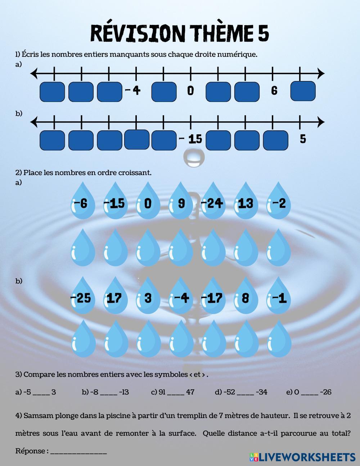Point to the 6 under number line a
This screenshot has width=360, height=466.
click(274, 90)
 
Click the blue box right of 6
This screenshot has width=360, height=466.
click(303, 91)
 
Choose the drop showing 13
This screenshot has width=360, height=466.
click(246, 202)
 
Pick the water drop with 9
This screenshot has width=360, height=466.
click(181, 202)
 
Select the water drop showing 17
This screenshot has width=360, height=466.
click(115, 296)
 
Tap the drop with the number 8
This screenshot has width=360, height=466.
click(246, 296)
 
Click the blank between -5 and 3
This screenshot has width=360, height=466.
click(41, 393)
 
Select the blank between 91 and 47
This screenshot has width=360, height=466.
click(176, 393)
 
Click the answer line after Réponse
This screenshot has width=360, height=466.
click(78, 452)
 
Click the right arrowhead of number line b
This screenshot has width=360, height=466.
click(320, 122)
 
